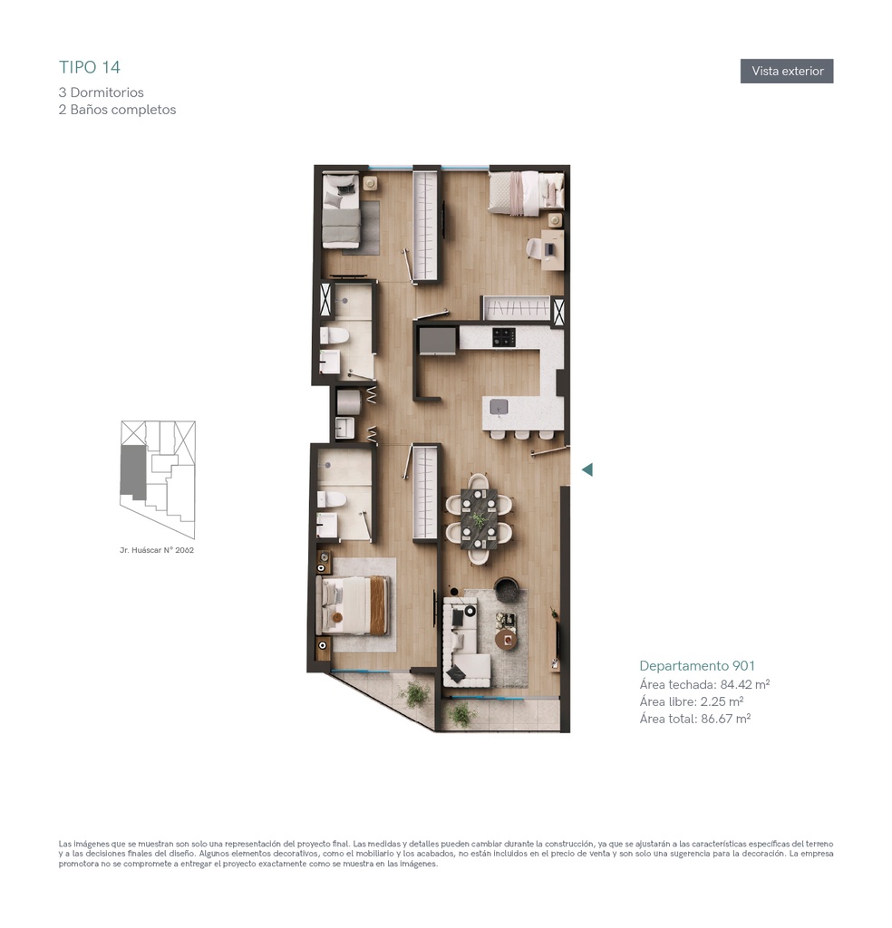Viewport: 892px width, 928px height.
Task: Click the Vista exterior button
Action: (787, 71)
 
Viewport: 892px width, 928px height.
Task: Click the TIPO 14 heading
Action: (90, 67)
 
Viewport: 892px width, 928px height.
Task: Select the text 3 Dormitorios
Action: (102, 92)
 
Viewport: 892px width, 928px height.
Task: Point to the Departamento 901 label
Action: (697, 666)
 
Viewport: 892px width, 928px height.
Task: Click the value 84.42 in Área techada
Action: (736, 685)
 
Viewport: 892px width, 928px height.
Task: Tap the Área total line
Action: (695, 719)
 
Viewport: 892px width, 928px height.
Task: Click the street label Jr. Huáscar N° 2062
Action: (157, 550)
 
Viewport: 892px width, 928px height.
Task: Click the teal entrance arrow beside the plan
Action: (587, 470)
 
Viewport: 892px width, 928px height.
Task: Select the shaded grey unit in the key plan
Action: (132, 471)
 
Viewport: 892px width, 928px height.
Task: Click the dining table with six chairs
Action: (479, 518)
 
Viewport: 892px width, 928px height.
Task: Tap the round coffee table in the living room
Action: (506, 639)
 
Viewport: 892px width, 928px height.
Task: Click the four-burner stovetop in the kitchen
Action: (504, 337)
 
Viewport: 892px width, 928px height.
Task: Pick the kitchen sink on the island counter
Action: (499, 407)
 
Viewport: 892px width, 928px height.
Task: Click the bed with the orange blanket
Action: (353, 605)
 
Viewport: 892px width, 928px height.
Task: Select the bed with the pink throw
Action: (526, 192)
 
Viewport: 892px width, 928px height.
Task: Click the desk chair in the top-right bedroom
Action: (535, 248)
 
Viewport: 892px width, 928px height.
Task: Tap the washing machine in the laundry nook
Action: (349, 401)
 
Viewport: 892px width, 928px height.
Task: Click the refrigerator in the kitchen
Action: (438, 341)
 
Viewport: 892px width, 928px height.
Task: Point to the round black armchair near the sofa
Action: (507, 589)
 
